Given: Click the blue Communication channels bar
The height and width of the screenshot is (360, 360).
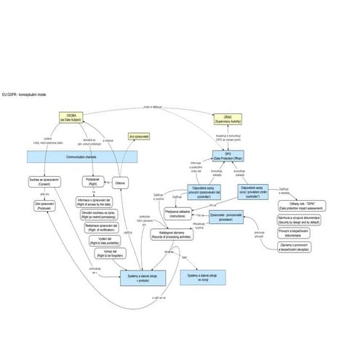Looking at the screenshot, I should point(81,156).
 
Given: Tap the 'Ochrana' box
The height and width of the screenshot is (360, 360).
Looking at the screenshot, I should point(121,183).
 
